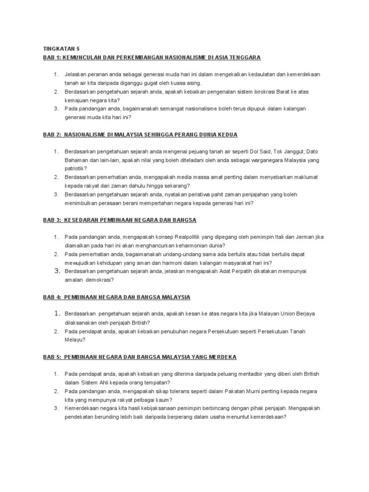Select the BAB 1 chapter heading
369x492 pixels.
(151, 57)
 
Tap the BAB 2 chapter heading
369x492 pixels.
(140, 135)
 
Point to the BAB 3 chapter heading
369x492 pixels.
(120, 220)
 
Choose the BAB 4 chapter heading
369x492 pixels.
(117, 297)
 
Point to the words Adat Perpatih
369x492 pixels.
(223, 271)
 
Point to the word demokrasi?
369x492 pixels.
(98, 280)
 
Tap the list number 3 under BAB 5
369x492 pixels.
(56, 408)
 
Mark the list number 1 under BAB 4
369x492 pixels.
(56, 314)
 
